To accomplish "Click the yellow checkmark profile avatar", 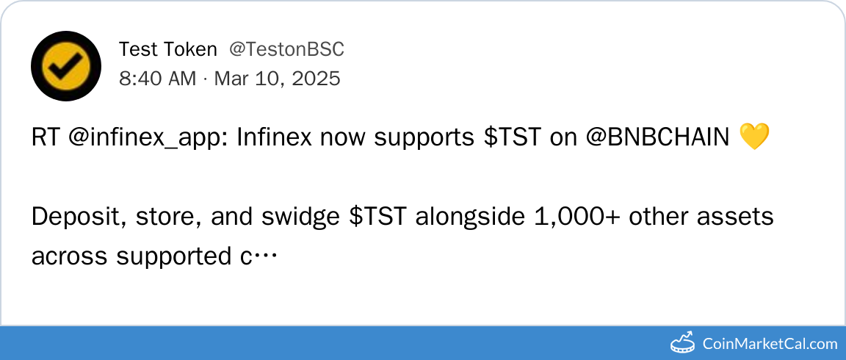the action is [66, 65].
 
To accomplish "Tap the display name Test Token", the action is [167, 50].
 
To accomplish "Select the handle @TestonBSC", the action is [286, 50].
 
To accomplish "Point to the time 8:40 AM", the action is [158, 79].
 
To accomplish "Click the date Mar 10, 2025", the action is [278, 79].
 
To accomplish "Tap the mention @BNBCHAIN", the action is [658, 138].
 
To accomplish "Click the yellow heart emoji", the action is [753, 137].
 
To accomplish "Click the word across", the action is [69, 257].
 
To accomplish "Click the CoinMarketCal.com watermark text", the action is [770, 343].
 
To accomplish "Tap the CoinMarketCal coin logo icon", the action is [684, 342].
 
